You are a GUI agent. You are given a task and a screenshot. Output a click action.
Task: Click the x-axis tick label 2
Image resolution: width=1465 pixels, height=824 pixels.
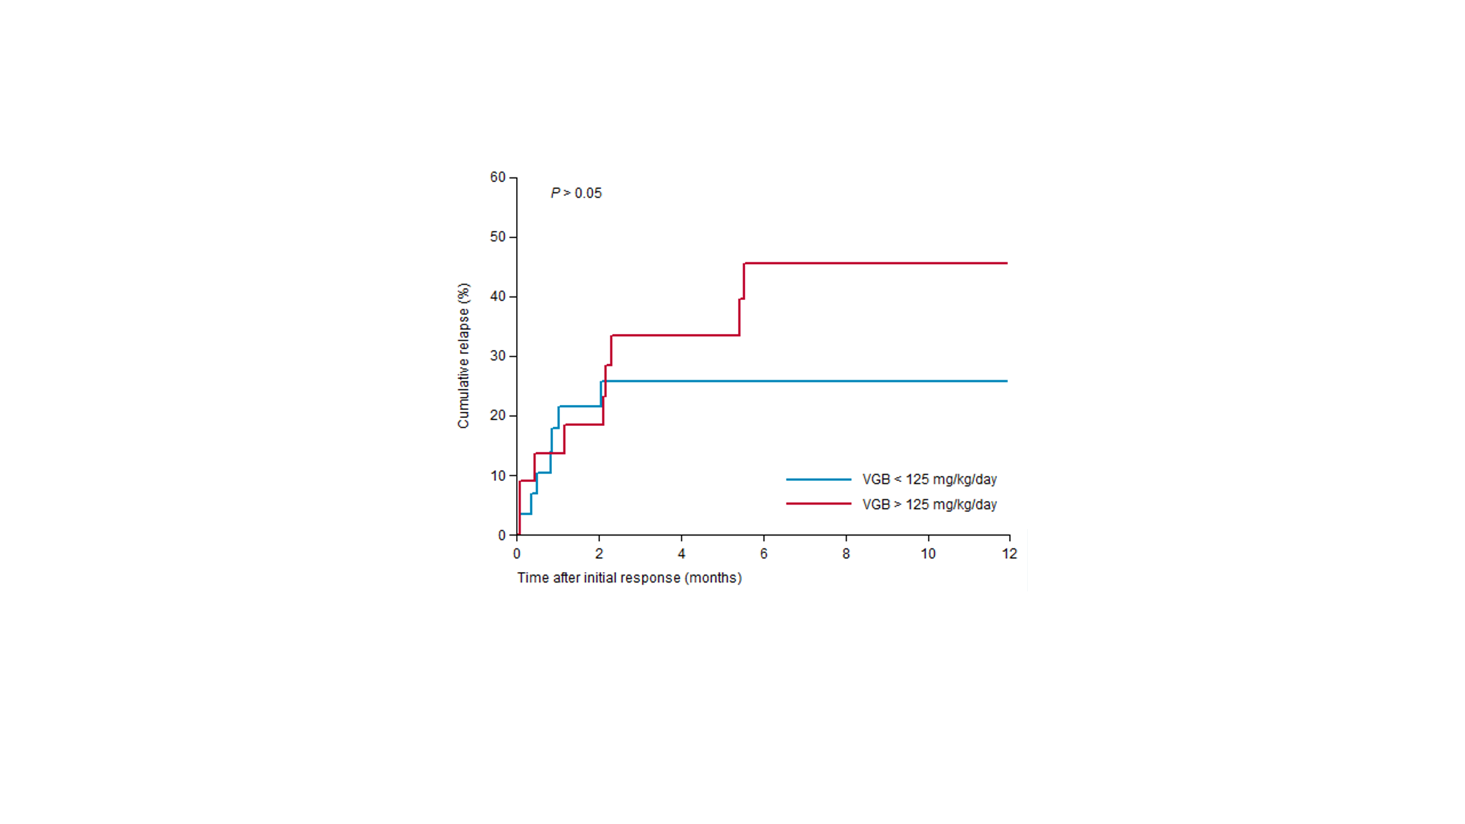tap(599, 554)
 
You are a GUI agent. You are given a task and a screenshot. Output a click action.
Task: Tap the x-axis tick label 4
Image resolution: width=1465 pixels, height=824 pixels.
tap(681, 554)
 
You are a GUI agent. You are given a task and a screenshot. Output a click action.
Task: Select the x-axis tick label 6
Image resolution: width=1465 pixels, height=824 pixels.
tap(764, 554)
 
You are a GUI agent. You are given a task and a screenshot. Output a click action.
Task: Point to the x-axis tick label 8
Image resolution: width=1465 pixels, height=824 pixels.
tap(846, 554)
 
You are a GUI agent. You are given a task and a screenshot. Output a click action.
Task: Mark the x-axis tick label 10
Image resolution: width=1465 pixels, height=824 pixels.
tap(928, 554)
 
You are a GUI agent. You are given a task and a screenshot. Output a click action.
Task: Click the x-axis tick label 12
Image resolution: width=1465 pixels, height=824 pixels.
tap(1009, 554)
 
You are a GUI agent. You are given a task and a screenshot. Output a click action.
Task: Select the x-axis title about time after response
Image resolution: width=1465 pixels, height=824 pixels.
tap(629, 578)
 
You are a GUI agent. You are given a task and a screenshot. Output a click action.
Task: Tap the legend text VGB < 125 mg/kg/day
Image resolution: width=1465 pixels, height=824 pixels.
tap(929, 479)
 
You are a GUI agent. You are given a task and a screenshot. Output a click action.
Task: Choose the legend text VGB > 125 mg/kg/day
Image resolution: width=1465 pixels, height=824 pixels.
tap(929, 504)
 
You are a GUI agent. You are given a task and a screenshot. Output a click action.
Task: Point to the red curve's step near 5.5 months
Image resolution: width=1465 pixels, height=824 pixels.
tap(742, 298)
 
